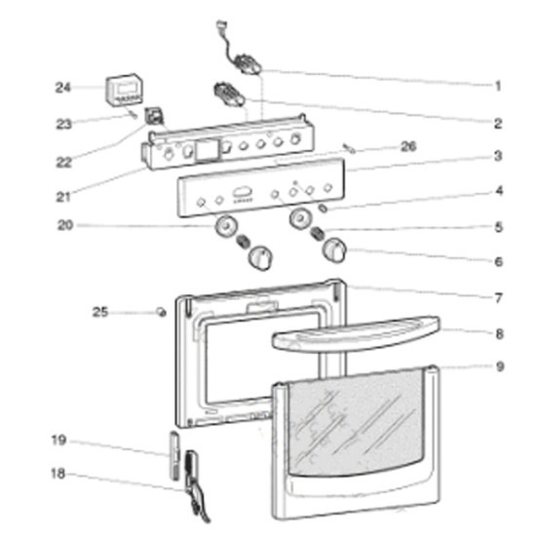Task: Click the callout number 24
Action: click(x=63, y=88)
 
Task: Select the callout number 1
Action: click(x=498, y=86)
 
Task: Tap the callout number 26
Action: click(x=408, y=146)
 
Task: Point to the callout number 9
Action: click(x=499, y=366)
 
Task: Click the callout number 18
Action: click(x=58, y=474)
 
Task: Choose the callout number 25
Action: click(x=100, y=312)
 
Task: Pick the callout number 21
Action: click(x=63, y=197)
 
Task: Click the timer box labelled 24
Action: click(x=124, y=90)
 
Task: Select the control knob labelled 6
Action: click(x=334, y=251)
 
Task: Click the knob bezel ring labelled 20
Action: click(x=226, y=226)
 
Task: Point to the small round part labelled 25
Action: click(x=161, y=312)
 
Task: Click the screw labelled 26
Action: click(x=349, y=148)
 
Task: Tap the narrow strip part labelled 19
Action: click(x=174, y=456)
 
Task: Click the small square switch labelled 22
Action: click(x=154, y=116)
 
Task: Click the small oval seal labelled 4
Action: click(x=323, y=208)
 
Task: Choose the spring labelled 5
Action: click(x=318, y=234)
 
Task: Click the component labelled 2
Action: click(x=228, y=94)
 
